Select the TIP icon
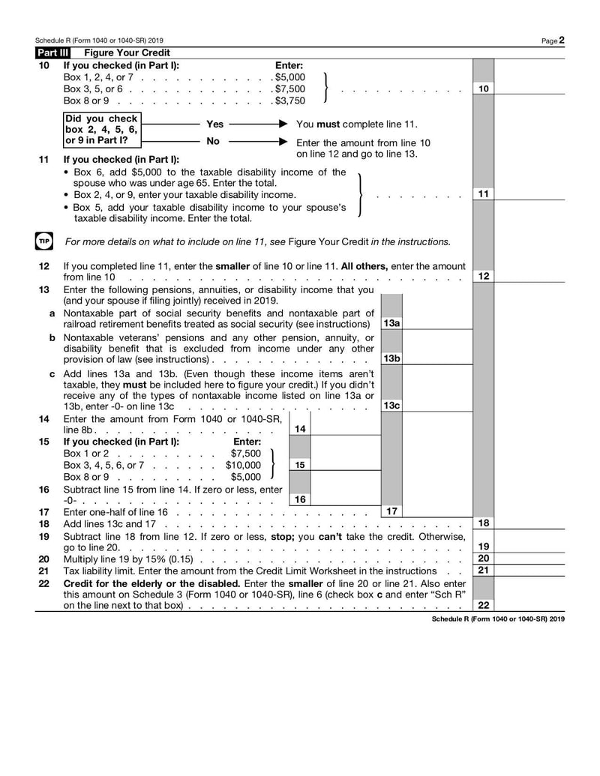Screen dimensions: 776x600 tap(44, 241)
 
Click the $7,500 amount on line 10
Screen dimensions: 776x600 tap(290, 88)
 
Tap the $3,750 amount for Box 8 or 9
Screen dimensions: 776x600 tap(290, 100)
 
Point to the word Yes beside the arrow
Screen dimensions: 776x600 tap(214, 124)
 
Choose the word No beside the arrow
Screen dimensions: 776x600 tap(213, 141)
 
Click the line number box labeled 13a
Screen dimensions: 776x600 tap(391, 324)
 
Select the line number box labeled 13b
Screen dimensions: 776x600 tap(391, 358)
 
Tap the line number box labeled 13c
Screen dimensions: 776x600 tap(391, 406)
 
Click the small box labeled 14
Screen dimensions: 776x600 tap(300, 429)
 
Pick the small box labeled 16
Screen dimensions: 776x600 tap(300, 499)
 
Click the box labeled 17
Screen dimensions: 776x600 tap(391, 511)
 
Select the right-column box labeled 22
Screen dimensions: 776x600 tap(484, 605)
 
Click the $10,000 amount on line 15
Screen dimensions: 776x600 tap(244, 465)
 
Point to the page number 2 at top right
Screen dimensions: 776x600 tap(561, 40)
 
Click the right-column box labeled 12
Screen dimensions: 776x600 tap(484, 277)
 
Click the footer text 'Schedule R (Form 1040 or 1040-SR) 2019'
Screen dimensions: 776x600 tap(498, 619)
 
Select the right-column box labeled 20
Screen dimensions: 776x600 tap(484, 559)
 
